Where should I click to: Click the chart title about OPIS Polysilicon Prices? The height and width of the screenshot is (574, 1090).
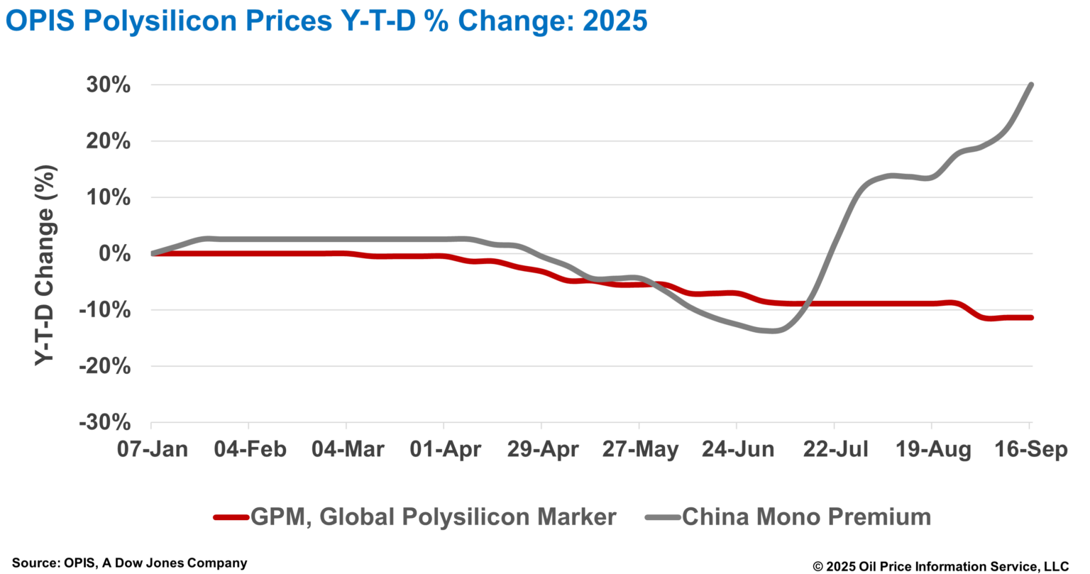326,21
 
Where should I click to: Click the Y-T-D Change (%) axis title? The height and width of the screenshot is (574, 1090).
45,265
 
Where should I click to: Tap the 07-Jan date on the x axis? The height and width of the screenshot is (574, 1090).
152,450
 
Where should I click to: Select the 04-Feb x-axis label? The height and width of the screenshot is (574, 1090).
249,450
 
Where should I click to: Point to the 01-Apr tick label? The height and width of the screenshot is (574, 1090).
444,450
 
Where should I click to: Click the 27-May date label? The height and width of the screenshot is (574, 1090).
639,450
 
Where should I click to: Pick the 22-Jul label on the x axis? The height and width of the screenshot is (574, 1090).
835,450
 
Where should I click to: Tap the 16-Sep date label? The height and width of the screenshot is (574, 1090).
1030,450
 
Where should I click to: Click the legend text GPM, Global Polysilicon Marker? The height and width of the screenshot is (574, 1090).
433,517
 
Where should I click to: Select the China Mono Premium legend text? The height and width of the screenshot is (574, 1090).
806,517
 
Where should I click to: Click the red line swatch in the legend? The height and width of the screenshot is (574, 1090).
231,517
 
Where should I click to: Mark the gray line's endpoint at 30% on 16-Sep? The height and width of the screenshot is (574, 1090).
1030,85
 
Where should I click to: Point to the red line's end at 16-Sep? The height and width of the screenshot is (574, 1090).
1030,317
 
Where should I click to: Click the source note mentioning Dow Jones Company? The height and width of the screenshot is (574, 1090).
130,563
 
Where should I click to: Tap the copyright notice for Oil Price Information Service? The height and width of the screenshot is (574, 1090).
940,565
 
